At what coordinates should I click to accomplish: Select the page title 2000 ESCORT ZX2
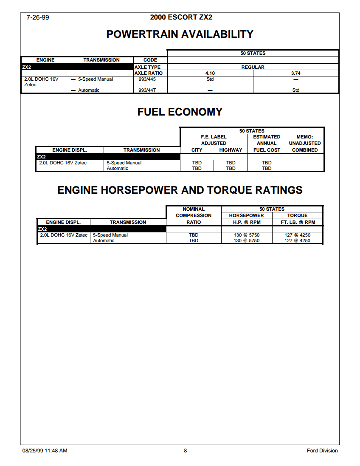point(181,17)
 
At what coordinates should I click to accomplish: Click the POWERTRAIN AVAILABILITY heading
point(180,34)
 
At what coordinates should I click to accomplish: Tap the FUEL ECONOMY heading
point(180,112)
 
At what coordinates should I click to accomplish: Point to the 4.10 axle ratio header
point(210,73)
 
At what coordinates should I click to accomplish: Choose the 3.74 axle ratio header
point(296,73)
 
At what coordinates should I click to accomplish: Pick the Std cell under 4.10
point(210,79)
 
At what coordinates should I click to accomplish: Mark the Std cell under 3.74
point(296,90)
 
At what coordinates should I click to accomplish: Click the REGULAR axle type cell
point(253,67)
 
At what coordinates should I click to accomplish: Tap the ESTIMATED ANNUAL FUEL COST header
point(267,144)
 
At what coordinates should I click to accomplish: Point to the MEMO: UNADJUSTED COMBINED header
point(305,144)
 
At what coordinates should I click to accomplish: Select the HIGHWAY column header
point(231,150)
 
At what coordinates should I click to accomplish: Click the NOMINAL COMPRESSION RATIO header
point(194,215)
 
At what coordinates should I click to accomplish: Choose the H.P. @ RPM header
point(246,222)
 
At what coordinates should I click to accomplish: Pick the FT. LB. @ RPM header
point(298,222)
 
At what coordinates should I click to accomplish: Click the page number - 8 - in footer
point(185,451)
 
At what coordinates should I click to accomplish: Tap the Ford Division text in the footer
point(322,451)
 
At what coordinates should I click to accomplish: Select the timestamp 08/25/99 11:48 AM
point(45,451)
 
